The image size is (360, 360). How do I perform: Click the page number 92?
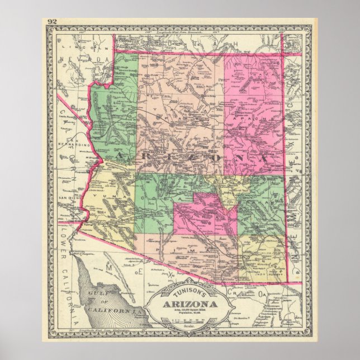click(53, 22)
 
